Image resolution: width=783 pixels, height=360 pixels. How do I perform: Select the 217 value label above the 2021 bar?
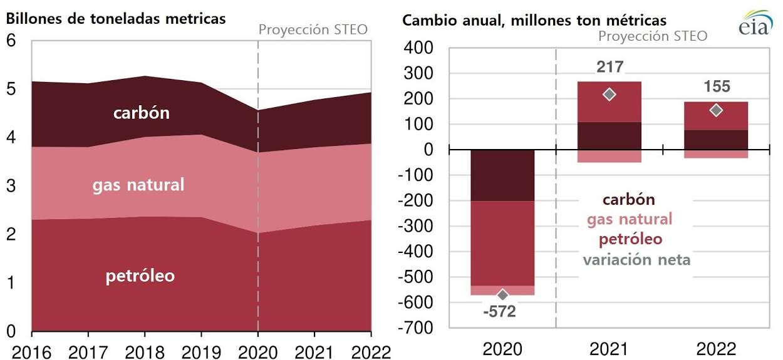(x=609, y=67)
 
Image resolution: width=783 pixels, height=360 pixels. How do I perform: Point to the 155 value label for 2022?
(x=716, y=87)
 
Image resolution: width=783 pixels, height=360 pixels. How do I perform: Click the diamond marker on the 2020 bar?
(x=502, y=295)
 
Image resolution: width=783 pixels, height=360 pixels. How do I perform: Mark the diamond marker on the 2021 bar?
(x=609, y=95)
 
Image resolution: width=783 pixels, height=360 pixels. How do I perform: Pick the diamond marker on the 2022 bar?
(x=716, y=110)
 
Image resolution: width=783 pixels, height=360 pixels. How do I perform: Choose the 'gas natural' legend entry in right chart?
(x=629, y=219)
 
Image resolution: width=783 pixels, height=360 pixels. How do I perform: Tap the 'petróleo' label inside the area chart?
(x=140, y=276)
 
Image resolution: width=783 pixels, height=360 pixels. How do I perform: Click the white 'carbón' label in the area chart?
(x=142, y=113)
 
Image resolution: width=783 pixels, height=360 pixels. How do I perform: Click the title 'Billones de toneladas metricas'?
(x=116, y=18)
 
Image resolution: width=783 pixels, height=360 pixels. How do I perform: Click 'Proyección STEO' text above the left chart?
(x=313, y=29)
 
